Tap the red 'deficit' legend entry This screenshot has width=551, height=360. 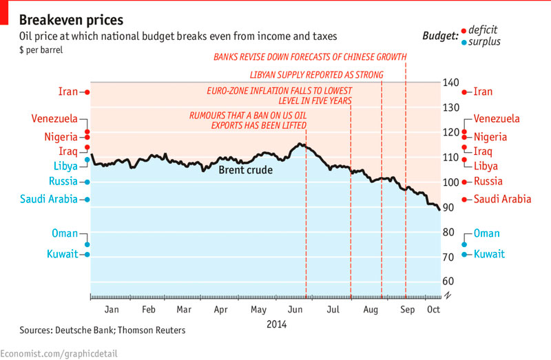482,30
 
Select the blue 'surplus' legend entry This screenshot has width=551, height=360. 485,42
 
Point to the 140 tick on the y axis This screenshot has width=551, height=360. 451,83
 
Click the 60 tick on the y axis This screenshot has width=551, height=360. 448,282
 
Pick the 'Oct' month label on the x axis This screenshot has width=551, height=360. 434,310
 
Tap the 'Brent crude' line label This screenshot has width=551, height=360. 245,170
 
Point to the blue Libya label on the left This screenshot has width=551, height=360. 65,166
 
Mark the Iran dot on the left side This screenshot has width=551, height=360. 87,92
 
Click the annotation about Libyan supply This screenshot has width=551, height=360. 315,74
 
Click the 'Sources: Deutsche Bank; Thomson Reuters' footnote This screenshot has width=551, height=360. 103,330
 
